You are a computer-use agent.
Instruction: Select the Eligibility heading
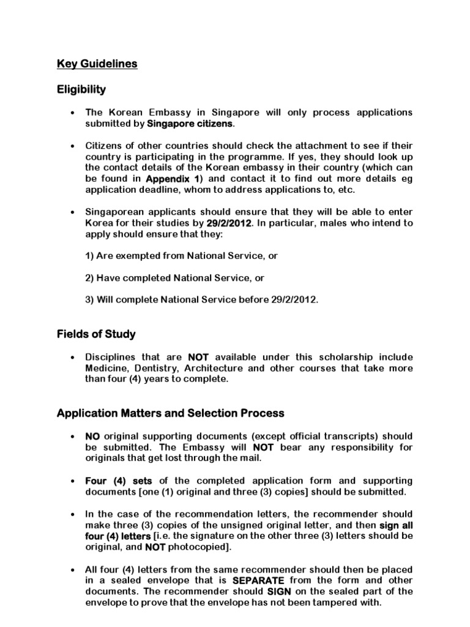point(81,89)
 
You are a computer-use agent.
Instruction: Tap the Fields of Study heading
point(96,334)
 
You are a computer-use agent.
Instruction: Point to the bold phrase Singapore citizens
point(190,124)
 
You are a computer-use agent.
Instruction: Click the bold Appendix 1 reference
point(174,179)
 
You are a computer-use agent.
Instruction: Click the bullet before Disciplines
point(73,358)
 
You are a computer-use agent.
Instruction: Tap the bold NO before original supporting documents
point(92,436)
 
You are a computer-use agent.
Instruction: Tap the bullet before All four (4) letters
point(73,569)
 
